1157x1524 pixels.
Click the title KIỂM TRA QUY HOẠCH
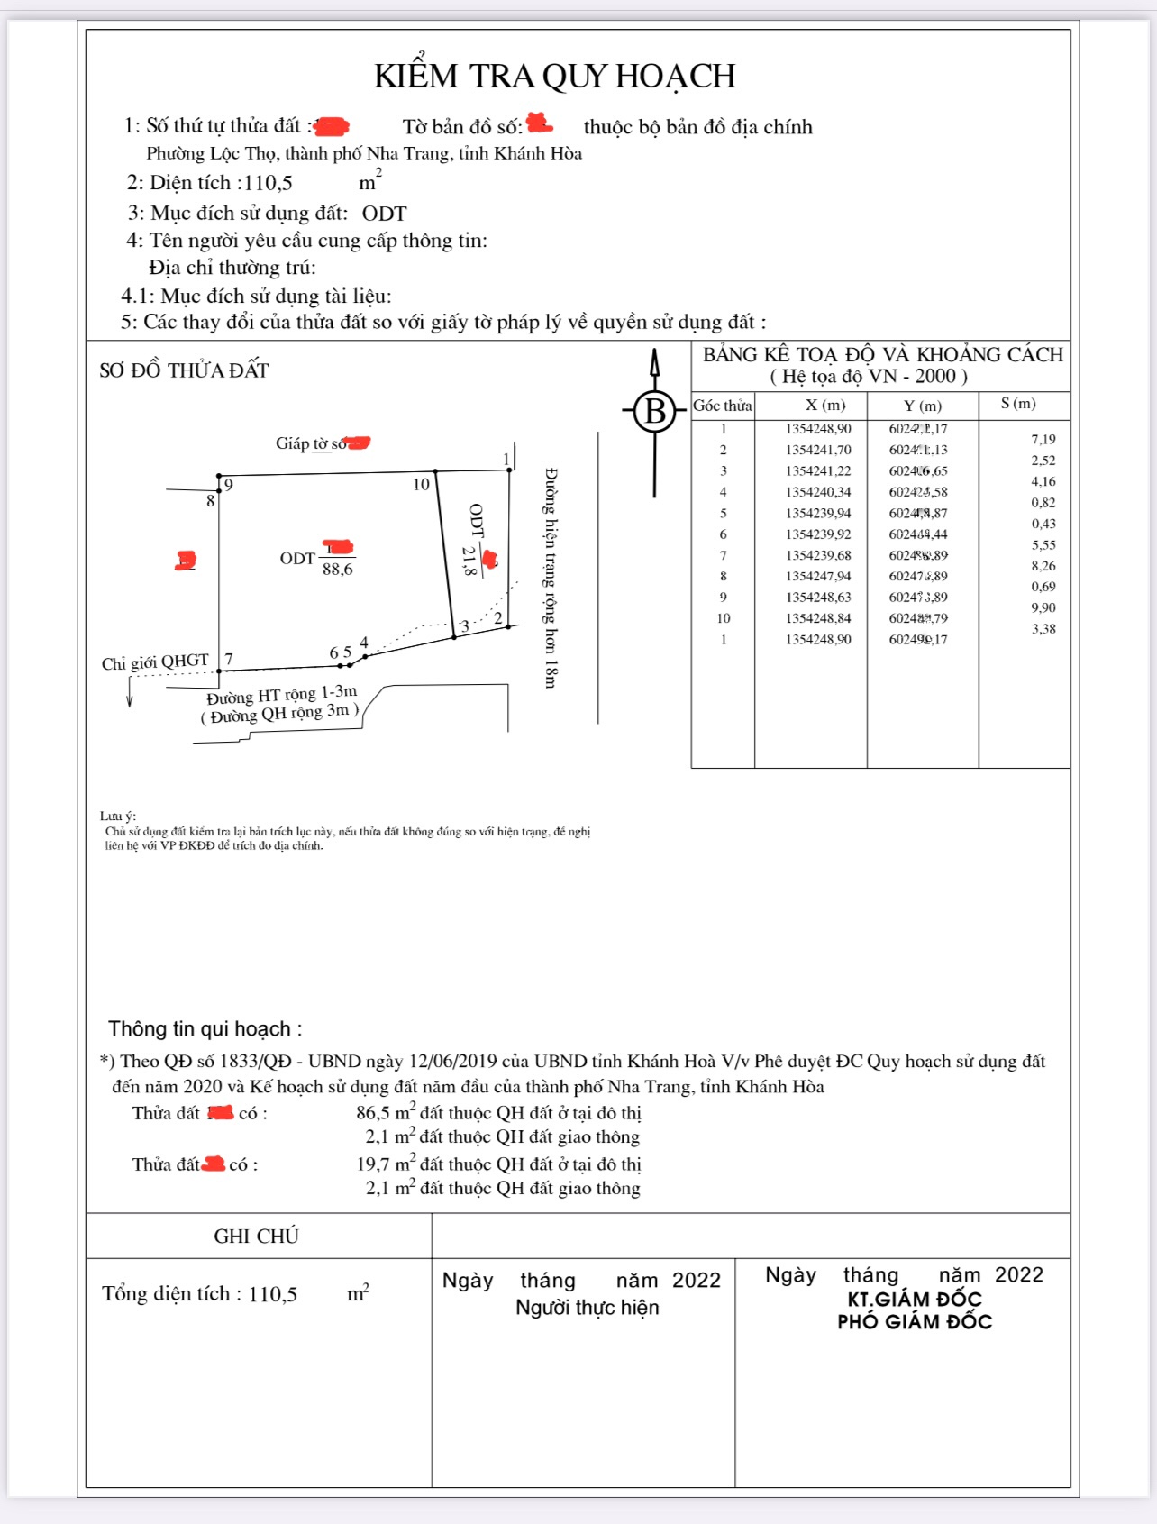[555, 77]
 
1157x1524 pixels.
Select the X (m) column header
[824, 406]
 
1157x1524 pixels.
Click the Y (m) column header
[923, 406]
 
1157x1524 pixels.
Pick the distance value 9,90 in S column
[1043, 608]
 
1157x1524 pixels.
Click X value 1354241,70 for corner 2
[818, 450]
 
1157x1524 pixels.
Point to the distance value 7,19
[1043, 440]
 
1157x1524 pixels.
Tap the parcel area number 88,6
[338, 570]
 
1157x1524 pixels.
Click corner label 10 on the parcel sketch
[421, 485]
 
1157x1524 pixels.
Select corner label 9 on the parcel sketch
[229, 486]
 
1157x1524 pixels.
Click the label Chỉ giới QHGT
[155, 662]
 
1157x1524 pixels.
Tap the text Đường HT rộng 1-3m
[282, 695]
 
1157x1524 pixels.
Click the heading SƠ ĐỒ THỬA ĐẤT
[184, 370]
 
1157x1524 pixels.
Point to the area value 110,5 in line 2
[269, 183]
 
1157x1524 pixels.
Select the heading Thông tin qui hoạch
[205, 1029]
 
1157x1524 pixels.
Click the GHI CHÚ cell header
[256, 1237]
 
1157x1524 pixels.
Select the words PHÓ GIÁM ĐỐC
[915, 1322]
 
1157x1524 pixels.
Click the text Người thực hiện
[588, 1308]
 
